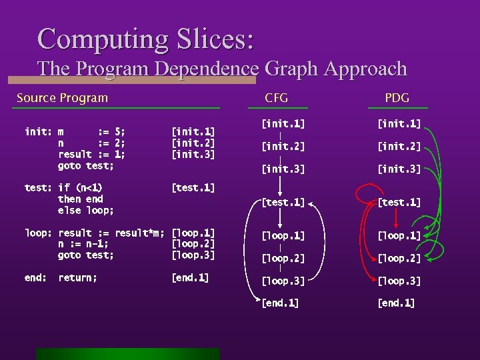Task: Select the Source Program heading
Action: pyautogui.click(x=62, y=98)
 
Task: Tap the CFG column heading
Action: pyautogui.click(x=276, y=98)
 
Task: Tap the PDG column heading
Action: pyautogui.click(x=397, y=98)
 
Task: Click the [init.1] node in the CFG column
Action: pyautogui.click(x=283, y=123)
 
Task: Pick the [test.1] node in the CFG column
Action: pyautogui.click(x=283, y=202)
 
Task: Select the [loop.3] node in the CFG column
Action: pyautogui.click(x=283, y=281)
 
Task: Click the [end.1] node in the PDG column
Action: pyautogui.click(x=396, y=303)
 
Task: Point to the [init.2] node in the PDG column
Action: pyautogui.click(x=399, y=147)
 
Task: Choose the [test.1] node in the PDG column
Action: pyautogui.click(x=399, y=202)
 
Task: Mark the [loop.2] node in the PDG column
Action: pyautogui.click(x=399, y=259)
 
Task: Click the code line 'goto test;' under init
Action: pyautogui.click(x=86, y=165)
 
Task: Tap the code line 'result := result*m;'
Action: pyautogui.click(x=111, y=233)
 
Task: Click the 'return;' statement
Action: pyautogui.click(x=77, y=278)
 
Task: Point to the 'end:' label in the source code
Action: pyautogui.click(x=35, y=278)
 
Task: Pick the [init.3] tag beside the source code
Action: pyautogui.click(x=193, y=154)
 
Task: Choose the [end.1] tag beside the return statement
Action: pyautogui.click(x=190, y=278)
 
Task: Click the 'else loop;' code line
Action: pyautogui.click(x=86, y=211)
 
